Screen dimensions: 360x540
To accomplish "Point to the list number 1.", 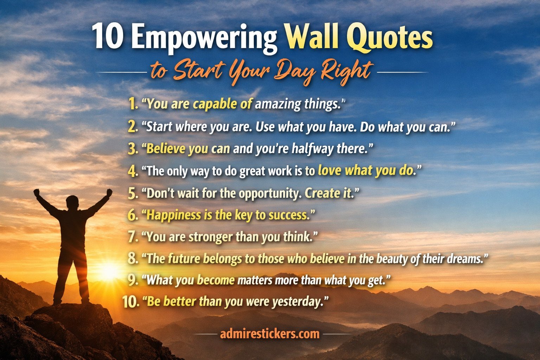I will click(133, 104).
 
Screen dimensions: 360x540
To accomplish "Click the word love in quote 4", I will click(329, 171).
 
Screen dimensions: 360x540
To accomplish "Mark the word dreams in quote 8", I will click(463, 259).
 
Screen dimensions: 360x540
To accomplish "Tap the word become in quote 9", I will click(216, 280).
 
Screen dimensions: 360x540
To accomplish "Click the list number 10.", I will click(131, 302).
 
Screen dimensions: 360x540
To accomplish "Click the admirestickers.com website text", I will click(270, 334).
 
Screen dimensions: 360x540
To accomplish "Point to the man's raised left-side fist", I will click(37, 192).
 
